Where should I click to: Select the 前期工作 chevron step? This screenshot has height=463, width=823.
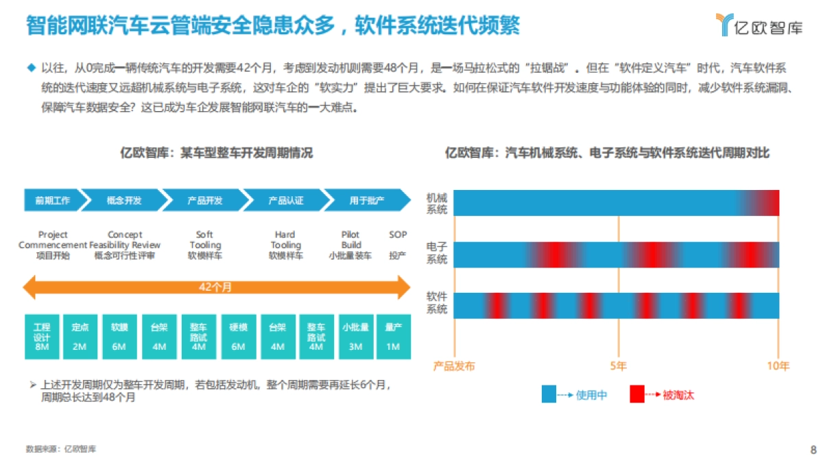click(x=52, y=200)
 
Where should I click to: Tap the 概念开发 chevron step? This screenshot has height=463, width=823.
click(x=124, y=200)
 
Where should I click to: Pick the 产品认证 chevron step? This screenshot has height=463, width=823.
click(x=285, y=200)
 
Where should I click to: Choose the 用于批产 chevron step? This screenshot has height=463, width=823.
click(x=366, y=200)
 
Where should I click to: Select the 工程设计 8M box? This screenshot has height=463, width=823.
click(x=42, y=337)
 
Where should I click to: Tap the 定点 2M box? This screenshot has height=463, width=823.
click(x=80, y=337)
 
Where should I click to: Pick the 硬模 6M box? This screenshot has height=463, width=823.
click(x=238, y=337)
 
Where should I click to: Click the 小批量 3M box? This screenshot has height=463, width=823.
click(x=355, y=337)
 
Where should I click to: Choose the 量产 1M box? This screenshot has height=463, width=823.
click(x=393, y=337)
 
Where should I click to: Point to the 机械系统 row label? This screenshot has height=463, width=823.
click(x=437, y=203)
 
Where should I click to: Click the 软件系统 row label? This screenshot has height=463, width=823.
click(x=437, y=303)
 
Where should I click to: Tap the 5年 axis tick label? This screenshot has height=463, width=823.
click(x=618, y=366)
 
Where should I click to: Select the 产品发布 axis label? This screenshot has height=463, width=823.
click(x=453, y=366)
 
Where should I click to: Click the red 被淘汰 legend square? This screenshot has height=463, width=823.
click(x=637, y=394)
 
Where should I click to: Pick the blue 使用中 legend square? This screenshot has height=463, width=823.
click(x=549, y=394)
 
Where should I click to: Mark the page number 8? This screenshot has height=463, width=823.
click(x=813, y=450)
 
